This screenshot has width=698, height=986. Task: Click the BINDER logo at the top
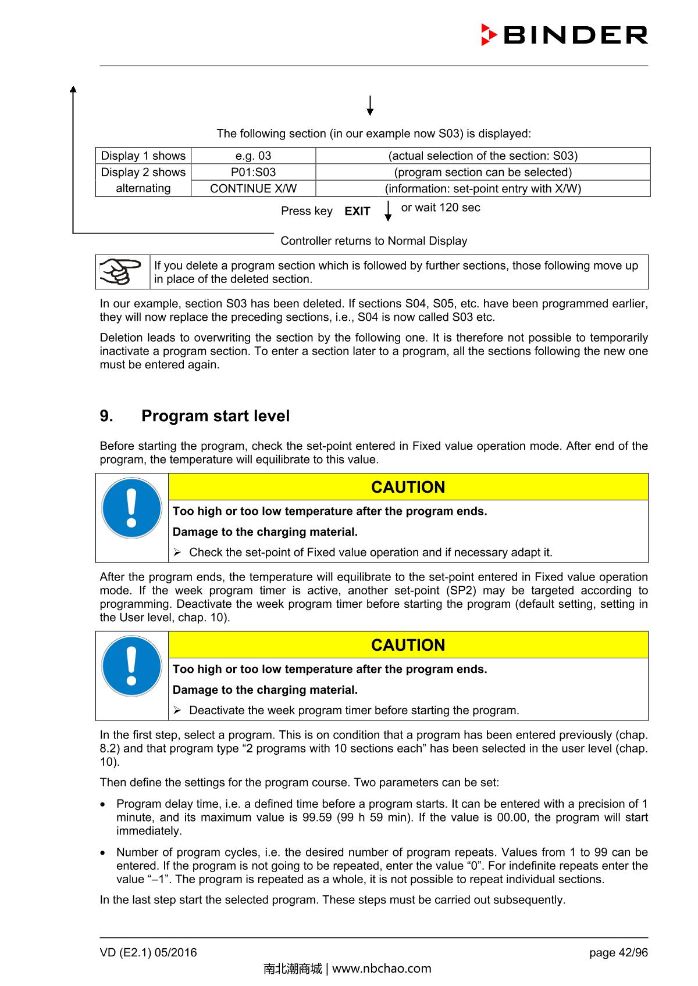(564, 35)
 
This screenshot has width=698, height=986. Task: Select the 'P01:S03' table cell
(253, 172)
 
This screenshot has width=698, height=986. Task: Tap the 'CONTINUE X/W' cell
(253, 188)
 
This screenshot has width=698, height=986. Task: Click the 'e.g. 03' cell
(253, 156)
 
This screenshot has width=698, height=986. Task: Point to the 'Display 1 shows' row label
(143, 156)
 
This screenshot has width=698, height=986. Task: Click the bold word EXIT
(357, 211)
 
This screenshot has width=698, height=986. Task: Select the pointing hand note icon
(122, 271)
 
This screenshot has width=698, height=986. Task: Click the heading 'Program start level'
(215, 416)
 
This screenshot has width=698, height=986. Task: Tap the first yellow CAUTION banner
(408, 487)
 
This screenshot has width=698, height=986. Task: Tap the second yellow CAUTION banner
(408, 645)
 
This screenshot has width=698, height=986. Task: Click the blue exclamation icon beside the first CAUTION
(131, 508)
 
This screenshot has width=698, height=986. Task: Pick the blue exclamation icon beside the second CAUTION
(131, 666)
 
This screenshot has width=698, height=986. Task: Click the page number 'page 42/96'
(618, 952)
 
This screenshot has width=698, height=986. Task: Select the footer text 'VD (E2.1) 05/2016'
(148, 952)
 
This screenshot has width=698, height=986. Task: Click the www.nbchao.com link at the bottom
(381, 969)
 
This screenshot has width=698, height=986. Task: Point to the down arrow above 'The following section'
(370, 106)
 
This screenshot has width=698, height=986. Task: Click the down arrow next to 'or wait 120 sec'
(388, 210)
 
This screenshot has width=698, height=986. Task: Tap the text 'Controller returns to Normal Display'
(373, 241)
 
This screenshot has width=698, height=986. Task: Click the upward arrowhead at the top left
(73, 89)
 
